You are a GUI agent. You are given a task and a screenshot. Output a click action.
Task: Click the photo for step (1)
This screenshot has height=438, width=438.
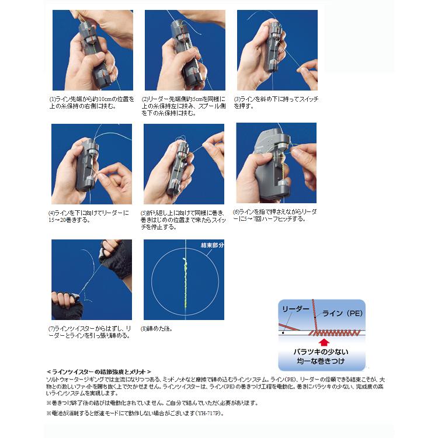(92, 50)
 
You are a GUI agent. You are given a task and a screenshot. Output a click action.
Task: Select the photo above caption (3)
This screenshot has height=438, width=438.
(277, 50)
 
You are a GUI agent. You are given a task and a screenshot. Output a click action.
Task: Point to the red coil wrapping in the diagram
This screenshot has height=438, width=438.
(329, 333)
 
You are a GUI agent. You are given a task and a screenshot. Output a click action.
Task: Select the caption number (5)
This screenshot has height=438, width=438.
(144, 214)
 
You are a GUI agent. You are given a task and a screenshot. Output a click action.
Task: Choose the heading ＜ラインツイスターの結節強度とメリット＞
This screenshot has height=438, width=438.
(99, 371)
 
